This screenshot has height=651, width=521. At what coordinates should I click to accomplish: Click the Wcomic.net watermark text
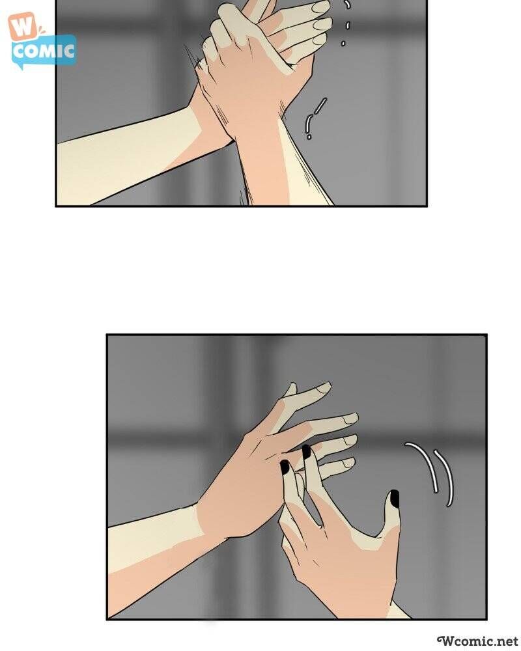point(479,641)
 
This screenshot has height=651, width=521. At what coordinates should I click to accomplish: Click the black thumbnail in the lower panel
point(394,498)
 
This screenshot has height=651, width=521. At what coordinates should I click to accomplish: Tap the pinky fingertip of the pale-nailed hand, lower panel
point(348,463)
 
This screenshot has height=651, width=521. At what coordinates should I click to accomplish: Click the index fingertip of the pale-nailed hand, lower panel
point(324,387)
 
